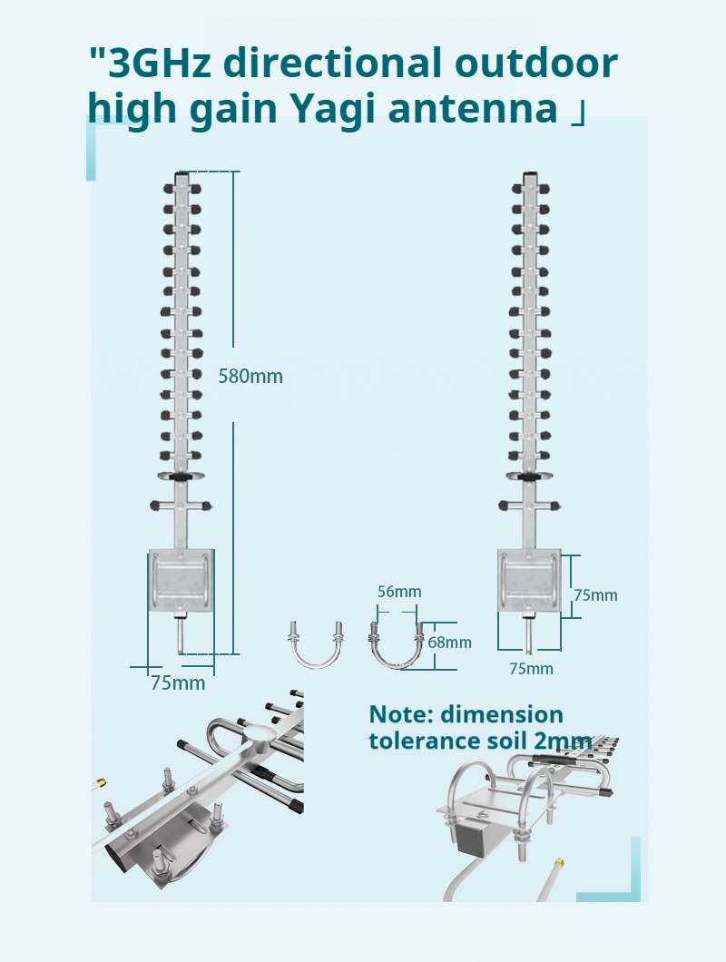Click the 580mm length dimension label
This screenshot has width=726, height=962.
tap(250, 376)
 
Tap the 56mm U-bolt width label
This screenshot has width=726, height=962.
tap(399, 592)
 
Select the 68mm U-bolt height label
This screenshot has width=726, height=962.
tap(449, 643)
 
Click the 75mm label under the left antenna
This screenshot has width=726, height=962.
tap(178, 682)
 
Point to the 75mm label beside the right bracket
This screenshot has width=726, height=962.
tap(595, 595)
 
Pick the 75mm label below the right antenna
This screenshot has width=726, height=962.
tap(531, 669)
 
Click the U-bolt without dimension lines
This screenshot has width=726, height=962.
tap(315, 645)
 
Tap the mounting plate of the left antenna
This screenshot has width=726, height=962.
tap(182, 580)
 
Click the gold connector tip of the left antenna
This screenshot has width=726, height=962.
tap(181, 649)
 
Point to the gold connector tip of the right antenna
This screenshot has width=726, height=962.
tap(528, 649)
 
